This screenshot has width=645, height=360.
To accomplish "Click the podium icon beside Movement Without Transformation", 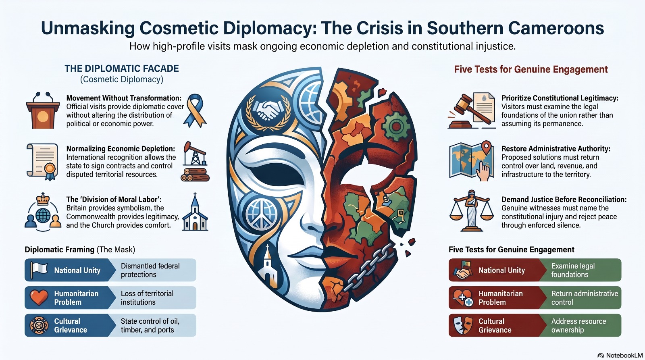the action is [x=43, y=110].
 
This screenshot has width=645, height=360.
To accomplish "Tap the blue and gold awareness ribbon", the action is [x=195, y=110].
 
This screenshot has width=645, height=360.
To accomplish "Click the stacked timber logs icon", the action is [x=195, y=175].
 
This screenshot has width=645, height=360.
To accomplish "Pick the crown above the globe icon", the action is [x=43, y=199].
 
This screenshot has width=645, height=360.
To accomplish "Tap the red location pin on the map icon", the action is [x=486, y=148].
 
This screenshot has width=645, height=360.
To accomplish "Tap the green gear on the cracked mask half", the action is [x=395, y=126].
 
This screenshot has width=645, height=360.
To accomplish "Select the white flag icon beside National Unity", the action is [x=38, y=270].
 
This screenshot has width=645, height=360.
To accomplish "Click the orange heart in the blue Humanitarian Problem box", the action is [x=39, y=298].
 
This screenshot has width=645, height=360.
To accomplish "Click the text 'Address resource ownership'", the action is [x=578, y=325].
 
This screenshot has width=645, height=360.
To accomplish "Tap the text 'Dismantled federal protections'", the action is [x=150, y=270].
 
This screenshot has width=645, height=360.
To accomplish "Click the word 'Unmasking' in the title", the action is [x=88, y=28].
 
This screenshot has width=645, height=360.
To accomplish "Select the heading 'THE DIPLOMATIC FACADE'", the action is [x=121, y=69].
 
